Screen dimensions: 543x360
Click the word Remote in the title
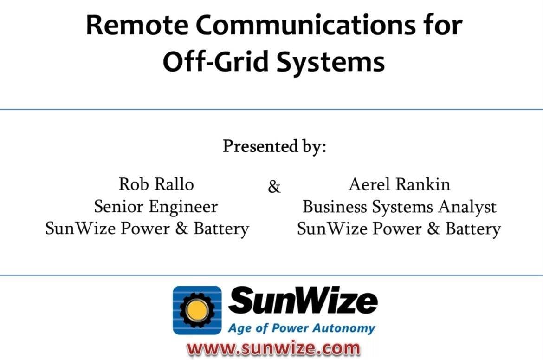pos(137,25)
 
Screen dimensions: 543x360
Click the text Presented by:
pos(274,146)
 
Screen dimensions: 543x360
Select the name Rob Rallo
pos(156,184)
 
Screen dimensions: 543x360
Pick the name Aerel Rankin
pos(399,184)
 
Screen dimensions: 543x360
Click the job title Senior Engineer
pos(156,207)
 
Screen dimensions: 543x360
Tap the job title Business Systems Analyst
pos(399,207)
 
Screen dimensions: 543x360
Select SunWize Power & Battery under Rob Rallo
pos(147,229)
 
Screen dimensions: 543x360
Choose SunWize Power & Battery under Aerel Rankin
pos(399,229)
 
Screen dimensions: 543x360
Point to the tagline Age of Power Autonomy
pos(301,328)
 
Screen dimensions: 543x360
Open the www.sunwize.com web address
pos(273,348)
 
